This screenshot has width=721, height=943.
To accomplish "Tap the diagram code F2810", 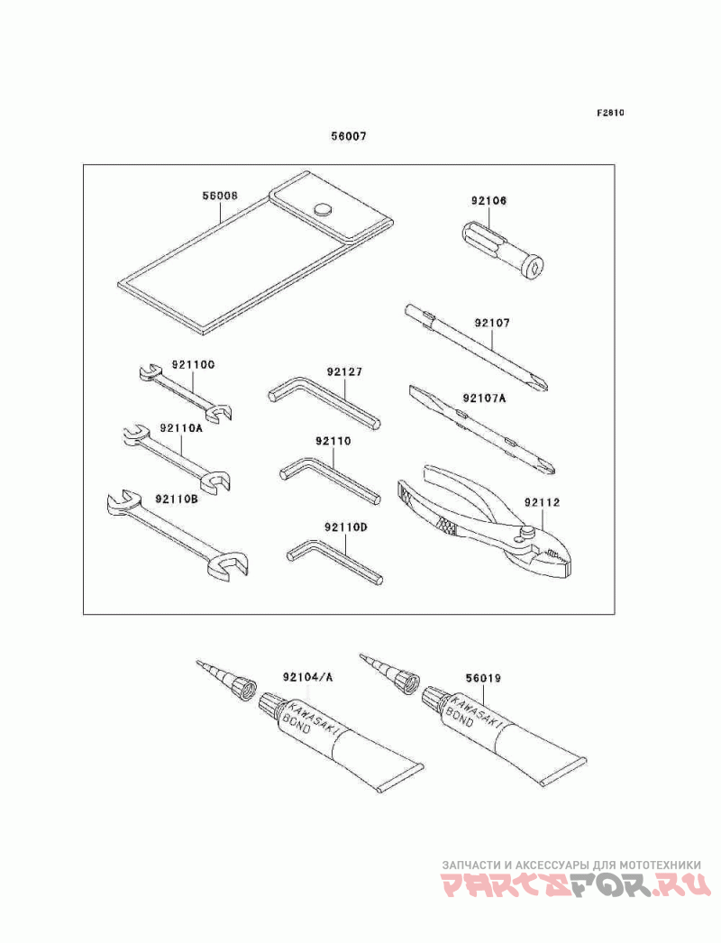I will click(610, 114).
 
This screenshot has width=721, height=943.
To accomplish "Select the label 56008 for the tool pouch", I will click(220, 195).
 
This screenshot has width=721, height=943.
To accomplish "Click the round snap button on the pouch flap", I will click(322, 210).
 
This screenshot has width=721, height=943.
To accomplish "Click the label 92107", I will click(491, 321).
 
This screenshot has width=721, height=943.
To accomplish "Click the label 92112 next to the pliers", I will click(541, 501).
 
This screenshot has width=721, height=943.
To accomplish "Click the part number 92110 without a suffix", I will click(333, 442).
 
